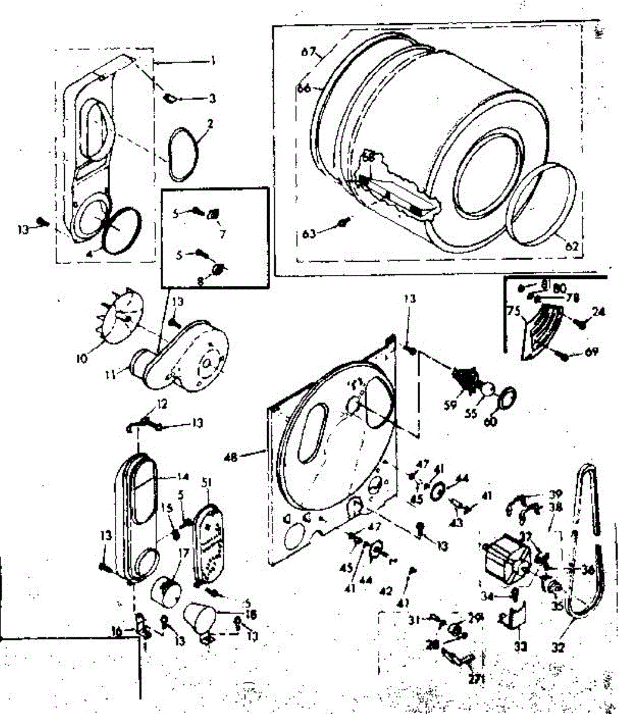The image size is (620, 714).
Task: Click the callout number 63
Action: (308, 234)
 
